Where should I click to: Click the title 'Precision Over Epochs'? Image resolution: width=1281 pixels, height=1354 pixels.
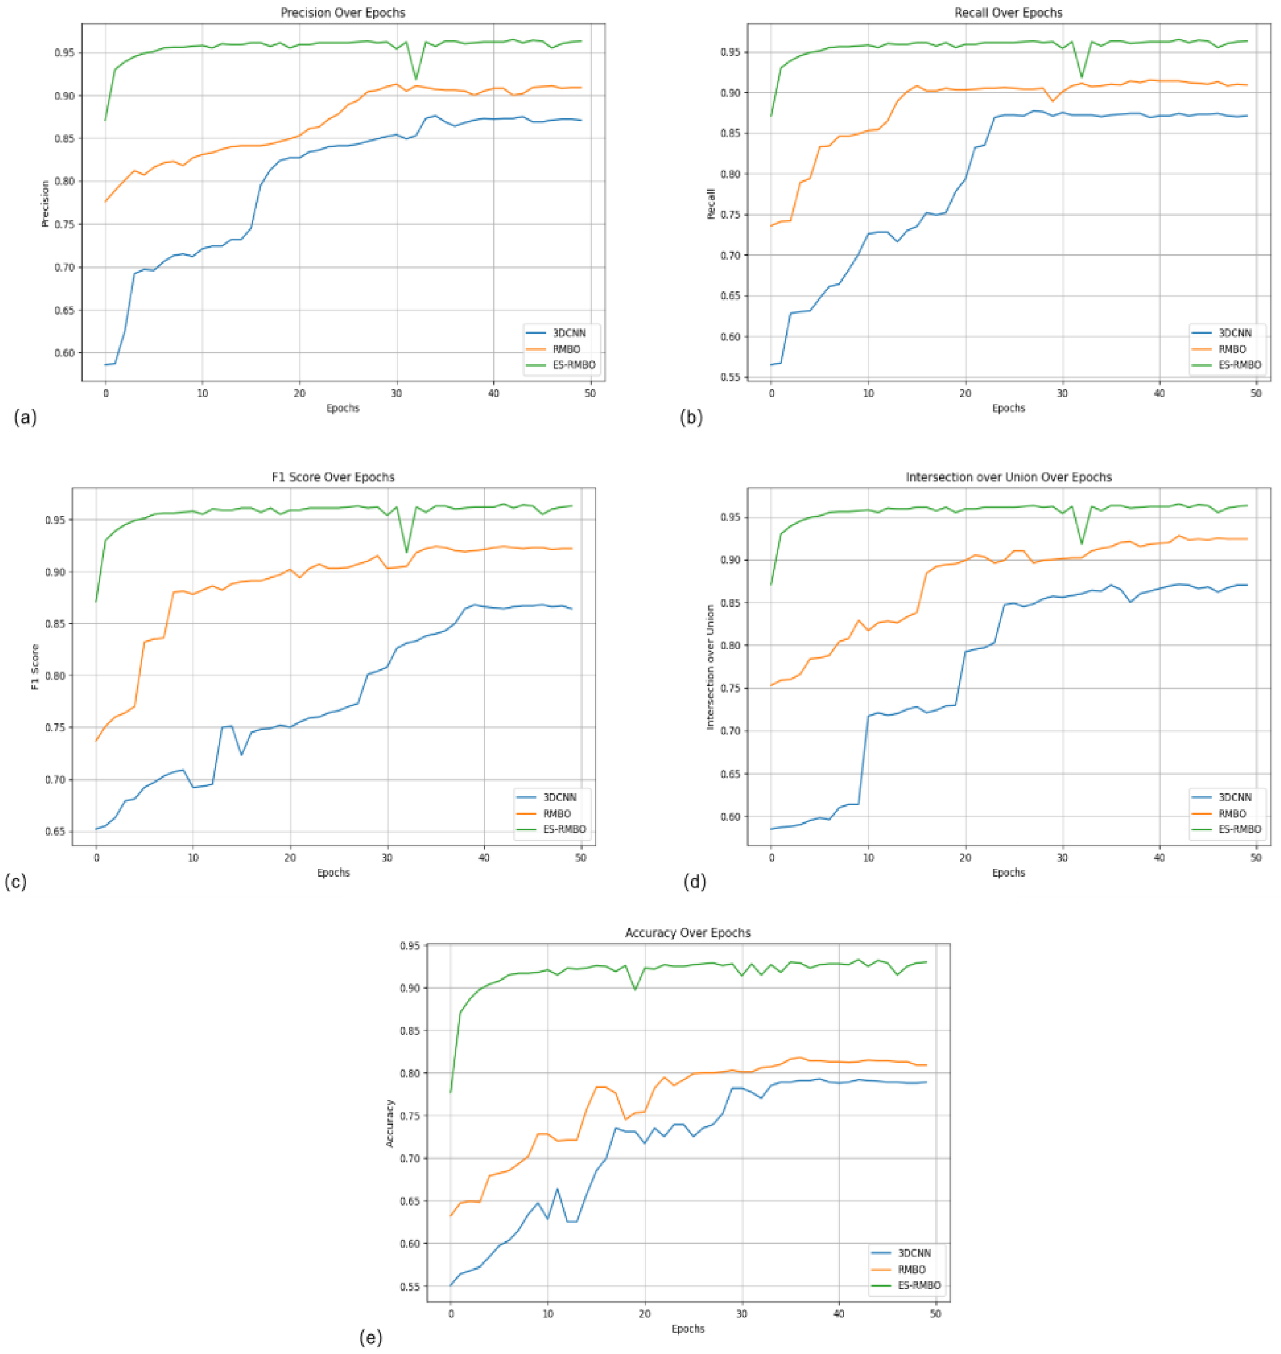pyautogui.click(x=343, y=13)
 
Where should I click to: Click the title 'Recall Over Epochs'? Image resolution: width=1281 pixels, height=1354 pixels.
pyautogui.click(x=1008, y=13)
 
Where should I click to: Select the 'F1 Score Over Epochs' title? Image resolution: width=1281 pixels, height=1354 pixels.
pyautogui.click(x=333, y=477)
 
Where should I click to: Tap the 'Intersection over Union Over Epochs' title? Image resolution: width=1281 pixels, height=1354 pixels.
pyautogui.click(x=1008, y=477)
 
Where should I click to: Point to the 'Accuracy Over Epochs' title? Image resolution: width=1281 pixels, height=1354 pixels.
pyautogui.click(x=688, y=932)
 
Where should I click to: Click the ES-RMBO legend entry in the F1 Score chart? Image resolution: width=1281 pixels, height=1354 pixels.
pyautogui.click(x=564, y=829)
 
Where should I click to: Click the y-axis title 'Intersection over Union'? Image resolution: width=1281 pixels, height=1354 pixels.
pyautogui.click(x=710, y=667)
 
